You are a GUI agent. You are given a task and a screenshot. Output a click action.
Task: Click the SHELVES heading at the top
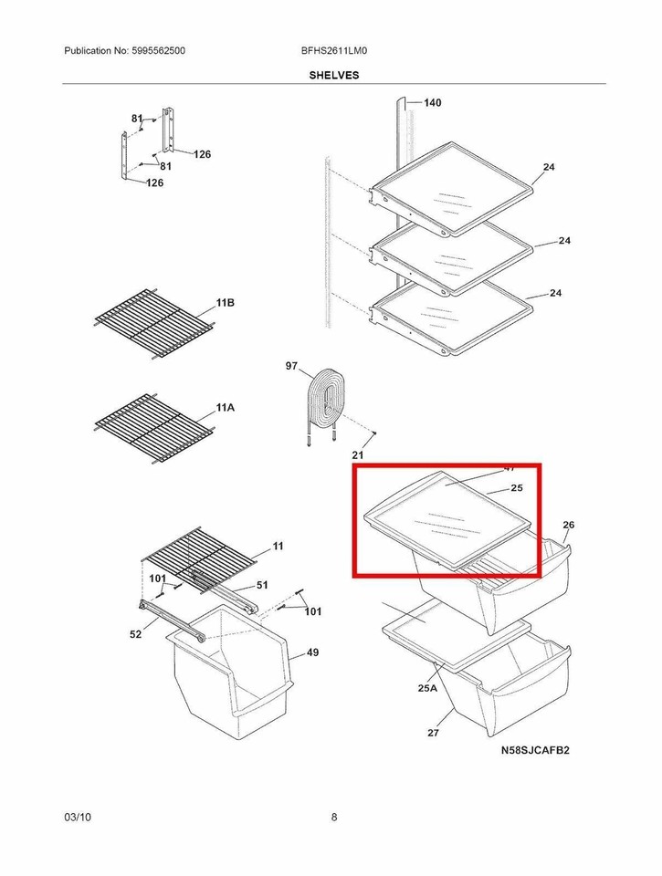point(334,76)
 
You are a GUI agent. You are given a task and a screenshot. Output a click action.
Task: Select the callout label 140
point(432,103)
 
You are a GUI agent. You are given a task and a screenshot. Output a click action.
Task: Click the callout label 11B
point(226,302)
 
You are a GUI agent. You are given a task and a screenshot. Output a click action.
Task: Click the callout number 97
point(291,366)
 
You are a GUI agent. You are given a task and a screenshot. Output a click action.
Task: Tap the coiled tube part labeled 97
point(324,400)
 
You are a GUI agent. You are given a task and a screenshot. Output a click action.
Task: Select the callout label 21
point(358,454)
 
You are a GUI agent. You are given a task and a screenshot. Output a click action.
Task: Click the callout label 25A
point(427,689)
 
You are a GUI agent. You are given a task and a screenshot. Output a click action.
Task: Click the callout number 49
point(312,652)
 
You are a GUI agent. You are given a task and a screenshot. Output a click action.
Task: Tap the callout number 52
point(135,634)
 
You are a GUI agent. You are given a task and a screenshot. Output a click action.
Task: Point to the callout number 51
point(262,585)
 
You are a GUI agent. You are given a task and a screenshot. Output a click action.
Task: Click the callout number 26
point(568,525)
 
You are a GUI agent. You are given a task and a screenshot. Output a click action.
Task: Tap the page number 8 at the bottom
point(334,817)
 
